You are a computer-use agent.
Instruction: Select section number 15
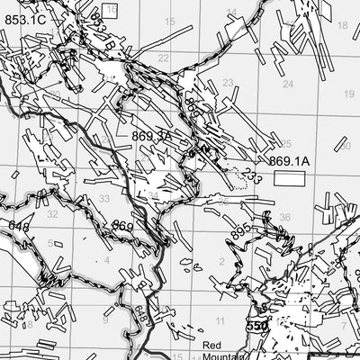(x=169, y=22)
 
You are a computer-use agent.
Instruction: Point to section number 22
(x=163, y=58)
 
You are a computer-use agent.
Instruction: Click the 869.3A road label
(x=150, y=135)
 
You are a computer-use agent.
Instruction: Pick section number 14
(x=232, y=13)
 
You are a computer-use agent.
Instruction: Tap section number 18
(x=342, y=25)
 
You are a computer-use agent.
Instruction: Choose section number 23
(x=228, y=83)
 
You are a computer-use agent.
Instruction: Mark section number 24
(x=288, y=84)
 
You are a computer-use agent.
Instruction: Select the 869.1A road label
(x=289, y=161)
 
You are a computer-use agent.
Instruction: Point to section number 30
(x=345, y=146)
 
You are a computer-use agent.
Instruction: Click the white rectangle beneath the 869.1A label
(x=290, y=179)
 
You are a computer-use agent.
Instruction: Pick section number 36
(x=284, y=217)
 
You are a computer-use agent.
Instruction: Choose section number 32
(x=52, y=214)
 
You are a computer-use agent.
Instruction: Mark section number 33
(x=104, y=199)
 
